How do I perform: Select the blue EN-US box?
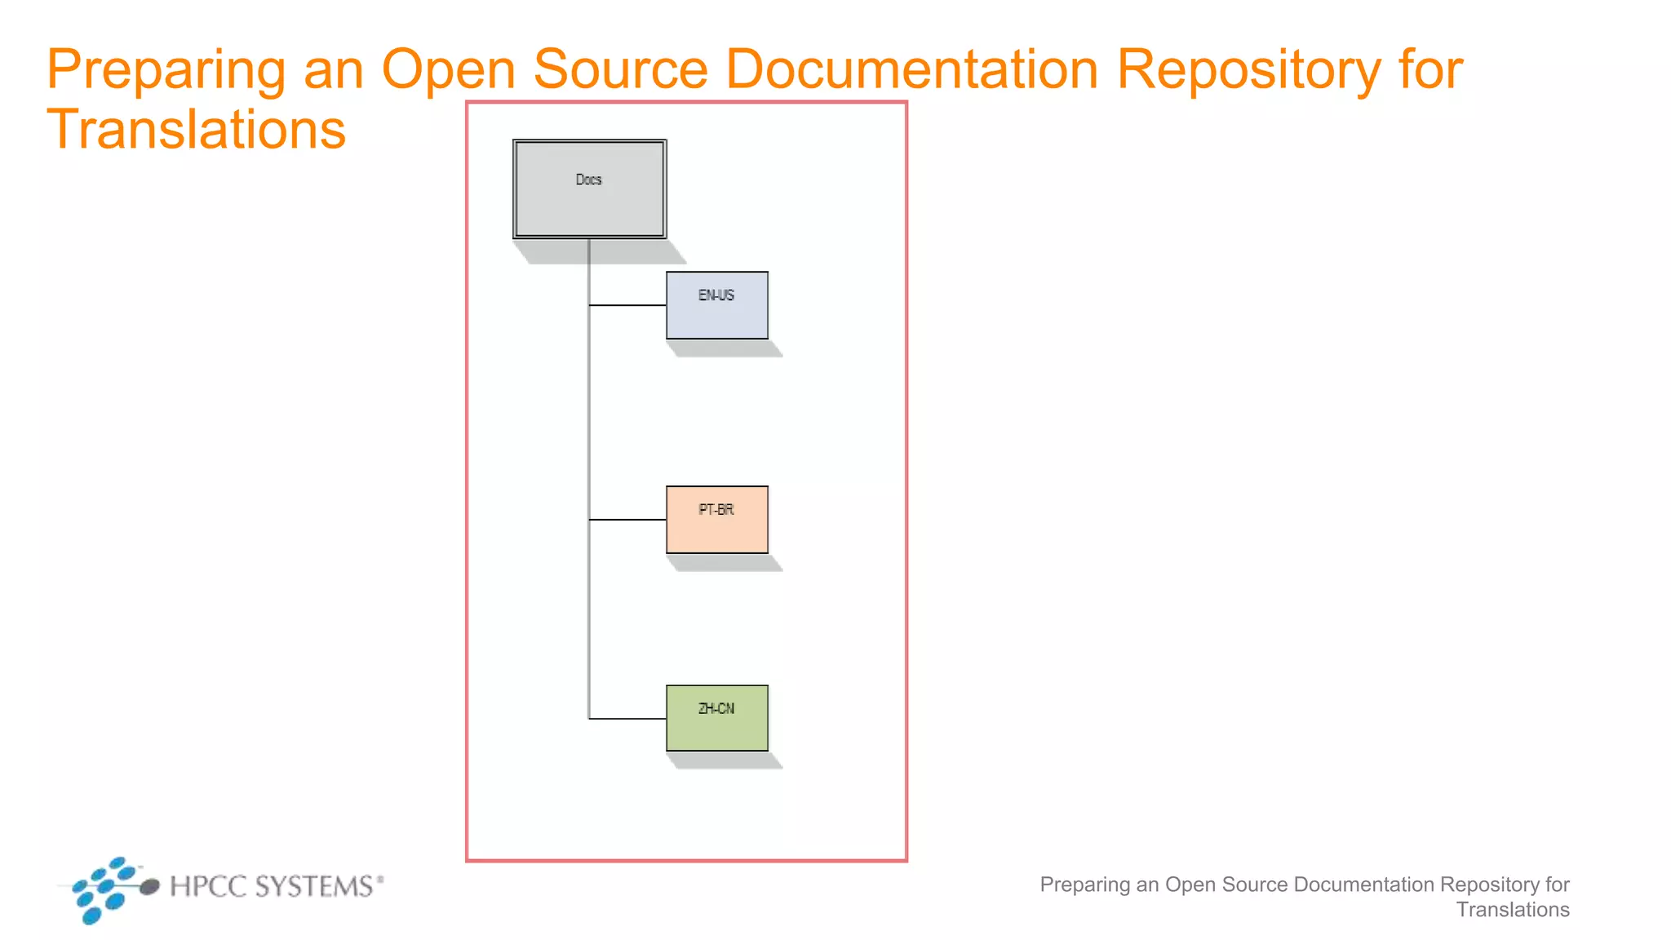click(716, 314)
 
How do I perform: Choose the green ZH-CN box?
click(716, 728)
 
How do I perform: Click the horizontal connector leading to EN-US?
click(627, 305)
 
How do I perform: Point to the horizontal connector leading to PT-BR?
click(627, 519)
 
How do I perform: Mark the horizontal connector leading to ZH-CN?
click(627, 719)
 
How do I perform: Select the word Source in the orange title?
click(620, 69)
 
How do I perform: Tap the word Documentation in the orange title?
click(911, 69)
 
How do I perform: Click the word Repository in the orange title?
click(1248, 70)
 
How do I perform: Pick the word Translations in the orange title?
click(196, 130)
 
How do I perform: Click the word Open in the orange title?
click(448, 70)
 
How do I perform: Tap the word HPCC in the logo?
click(208, 886)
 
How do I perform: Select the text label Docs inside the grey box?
click(588, 180)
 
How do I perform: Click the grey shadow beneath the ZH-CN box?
click(725, 760)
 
